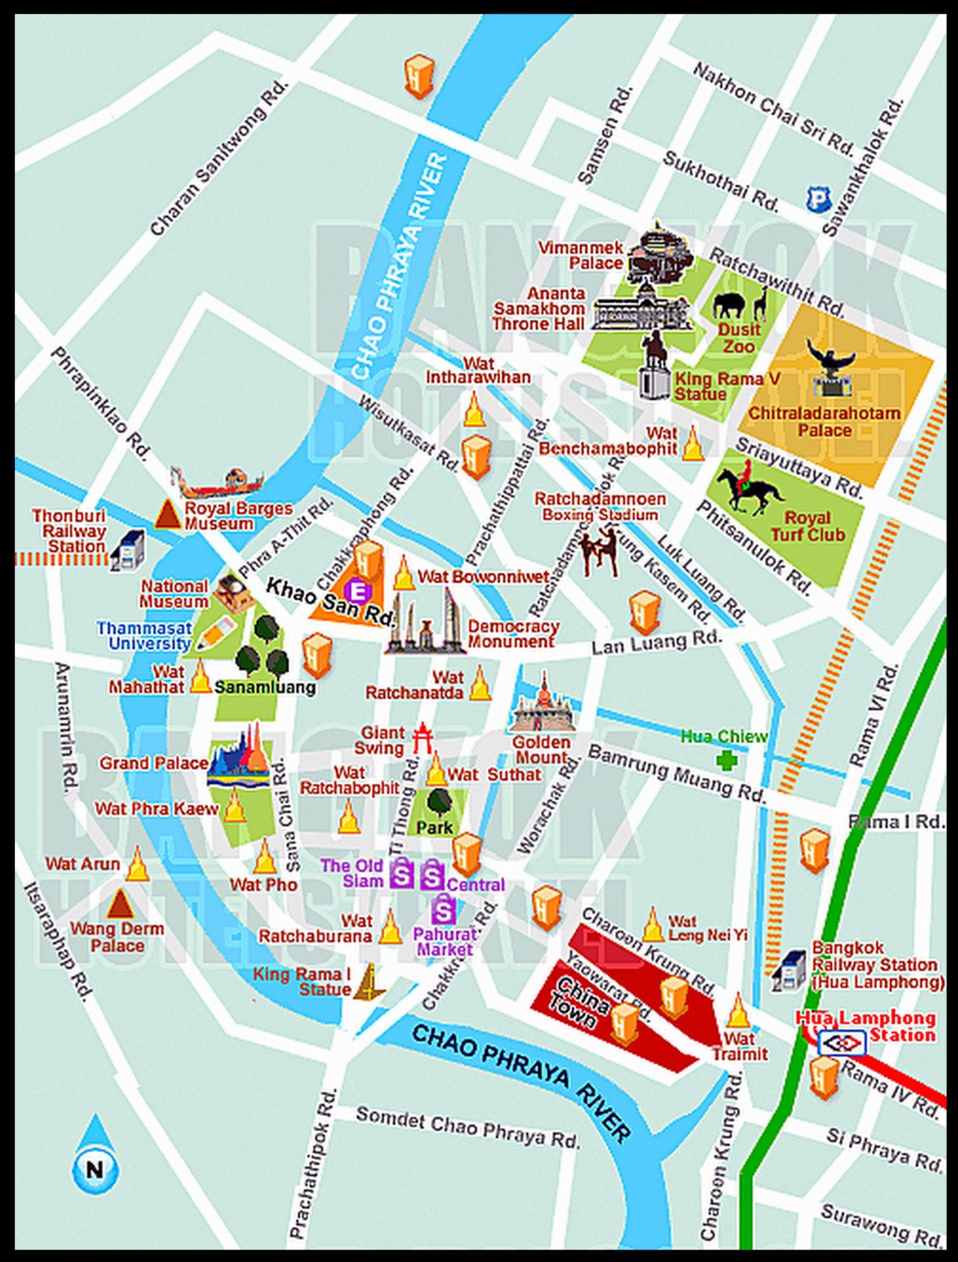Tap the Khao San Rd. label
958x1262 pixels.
click(x=329, y=601)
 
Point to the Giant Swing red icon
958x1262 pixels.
click(x=423, y=738)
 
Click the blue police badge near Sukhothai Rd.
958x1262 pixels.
click(x=818, y=199)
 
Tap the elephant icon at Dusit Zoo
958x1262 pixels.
click(x=729, y=304)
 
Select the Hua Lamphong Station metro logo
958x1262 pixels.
click(x=842, y=1044)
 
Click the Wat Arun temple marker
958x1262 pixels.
click(x=137, y=865)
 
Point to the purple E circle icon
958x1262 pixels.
click(x=357, y=590)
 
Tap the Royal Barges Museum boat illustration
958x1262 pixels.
click(x=217, y=483)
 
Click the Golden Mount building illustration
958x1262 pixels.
click(x=543, y=706)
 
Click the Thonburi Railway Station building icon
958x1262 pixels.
click(x=128, y=550)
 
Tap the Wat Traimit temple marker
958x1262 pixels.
click(x=738, y=1012)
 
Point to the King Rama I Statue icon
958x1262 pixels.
click(x=367, y=984)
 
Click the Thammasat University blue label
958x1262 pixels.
click(x=144, y=635)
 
